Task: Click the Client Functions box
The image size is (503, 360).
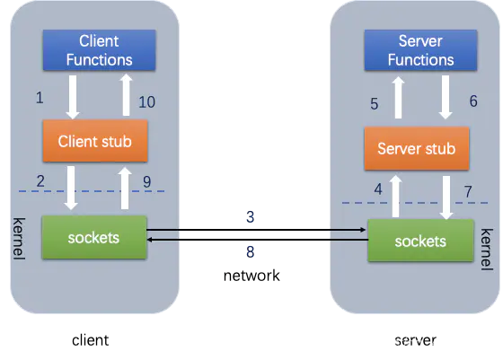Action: (x=100, y=50)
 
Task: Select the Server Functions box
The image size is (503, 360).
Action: (x=420, y=50)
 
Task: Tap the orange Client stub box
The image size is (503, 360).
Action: (x=95, y=141)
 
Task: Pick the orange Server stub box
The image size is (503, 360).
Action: (x=417, y=148)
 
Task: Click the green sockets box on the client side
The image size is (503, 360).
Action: (x=94, y=237)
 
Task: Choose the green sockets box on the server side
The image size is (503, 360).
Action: (x=420, y=241)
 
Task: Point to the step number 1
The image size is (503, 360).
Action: (x=40, y=98)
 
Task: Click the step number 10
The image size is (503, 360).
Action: (x=146, y=102)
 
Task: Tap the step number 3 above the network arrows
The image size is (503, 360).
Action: (x=251, y=217)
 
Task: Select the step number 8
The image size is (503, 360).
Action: (x=251, y=252)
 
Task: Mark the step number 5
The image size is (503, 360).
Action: (x=374, y=104)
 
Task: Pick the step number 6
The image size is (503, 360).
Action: (x=473, y=101)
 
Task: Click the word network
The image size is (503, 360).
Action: (x=251, y=276)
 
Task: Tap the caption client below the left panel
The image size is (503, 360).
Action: (x=90, y=340)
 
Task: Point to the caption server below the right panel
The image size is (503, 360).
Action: (x=415, y=340)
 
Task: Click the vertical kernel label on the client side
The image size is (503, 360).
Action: (x=19, y=239)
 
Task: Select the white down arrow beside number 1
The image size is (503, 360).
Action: (x=73, y=97)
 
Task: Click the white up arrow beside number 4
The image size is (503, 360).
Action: (x=395, y=197)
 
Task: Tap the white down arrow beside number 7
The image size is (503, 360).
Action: (x=446, y=198)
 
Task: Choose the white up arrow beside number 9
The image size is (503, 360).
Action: (x=125, y=189)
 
